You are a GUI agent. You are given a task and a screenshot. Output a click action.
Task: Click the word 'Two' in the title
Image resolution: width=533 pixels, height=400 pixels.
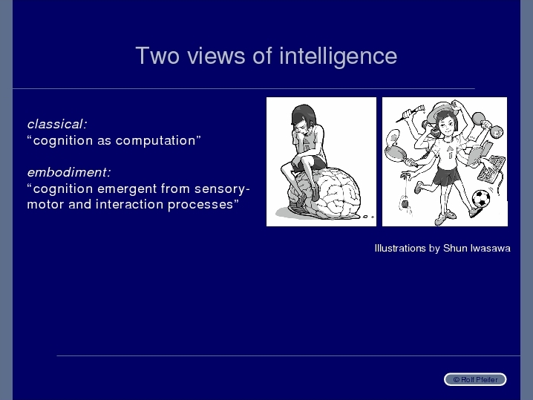pyautogui.click(x=157, y=56)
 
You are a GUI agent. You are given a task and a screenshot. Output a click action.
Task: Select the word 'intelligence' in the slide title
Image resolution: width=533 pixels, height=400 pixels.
pyautogui.click(x=339, y=56)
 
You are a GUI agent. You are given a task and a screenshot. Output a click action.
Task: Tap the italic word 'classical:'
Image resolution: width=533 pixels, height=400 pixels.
pyautogui.click(x=57, y=124)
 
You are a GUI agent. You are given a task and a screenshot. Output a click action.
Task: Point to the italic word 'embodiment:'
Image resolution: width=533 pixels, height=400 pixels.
pyautogui.click(x=69, y=172)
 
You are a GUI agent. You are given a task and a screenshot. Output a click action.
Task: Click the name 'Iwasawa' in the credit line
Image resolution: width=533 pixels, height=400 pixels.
pyautogui.click(x=491, y=249)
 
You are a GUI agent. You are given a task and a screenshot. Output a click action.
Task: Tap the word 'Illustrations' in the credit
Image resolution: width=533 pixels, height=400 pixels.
pyautogui.click(x=400, y=249)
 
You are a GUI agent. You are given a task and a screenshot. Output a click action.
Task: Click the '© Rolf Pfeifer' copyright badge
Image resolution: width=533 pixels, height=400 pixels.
pyautogui.click(x=475, y=379)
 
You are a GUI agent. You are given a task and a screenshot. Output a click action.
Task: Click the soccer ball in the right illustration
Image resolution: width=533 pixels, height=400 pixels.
pyautogui.click(x=481, y=199)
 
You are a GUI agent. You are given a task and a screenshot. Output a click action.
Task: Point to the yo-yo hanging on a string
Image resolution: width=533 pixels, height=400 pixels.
pyautogui.click(x=405, y=205)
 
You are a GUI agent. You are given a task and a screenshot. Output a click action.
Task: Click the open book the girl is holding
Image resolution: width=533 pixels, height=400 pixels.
pyautogui.click(x=480, y=153)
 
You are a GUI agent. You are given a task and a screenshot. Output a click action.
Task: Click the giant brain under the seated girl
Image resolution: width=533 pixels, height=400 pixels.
pyautogui.click(x=324, y=192)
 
